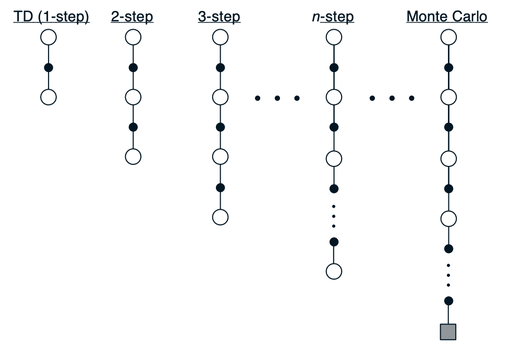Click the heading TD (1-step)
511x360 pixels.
51,17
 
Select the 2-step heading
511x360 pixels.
132,17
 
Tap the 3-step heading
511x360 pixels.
219,17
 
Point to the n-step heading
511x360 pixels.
333,17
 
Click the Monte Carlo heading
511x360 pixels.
447,16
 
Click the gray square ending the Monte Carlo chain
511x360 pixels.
448,332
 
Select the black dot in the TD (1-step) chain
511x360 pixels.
48,68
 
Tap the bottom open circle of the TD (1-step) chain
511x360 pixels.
48,97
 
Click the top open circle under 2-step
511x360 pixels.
133,37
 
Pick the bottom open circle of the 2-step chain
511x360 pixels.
133,157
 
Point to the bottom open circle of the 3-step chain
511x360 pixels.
220,217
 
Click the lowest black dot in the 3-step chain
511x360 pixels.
220,188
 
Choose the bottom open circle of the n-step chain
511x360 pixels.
334,271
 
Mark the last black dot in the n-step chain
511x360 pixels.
334,242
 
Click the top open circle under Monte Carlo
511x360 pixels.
448,37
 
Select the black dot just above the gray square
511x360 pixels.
448,301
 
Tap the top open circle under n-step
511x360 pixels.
334,37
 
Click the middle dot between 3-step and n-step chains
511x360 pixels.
277,98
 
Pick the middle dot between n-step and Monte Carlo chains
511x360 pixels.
392,98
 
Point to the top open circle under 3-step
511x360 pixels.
220,37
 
